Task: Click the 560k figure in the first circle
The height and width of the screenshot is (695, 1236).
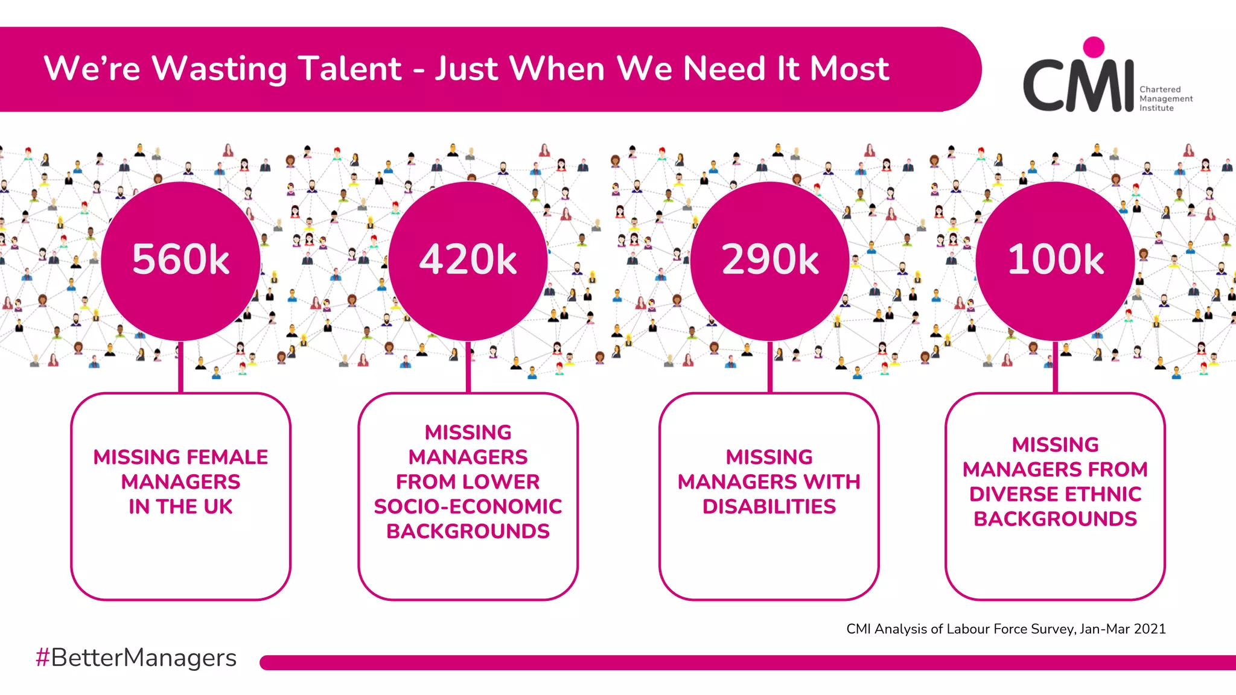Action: [x=180, y=259]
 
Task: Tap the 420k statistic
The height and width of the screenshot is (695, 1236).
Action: [x=468, y=259]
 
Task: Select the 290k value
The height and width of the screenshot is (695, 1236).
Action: [x=770, y=259]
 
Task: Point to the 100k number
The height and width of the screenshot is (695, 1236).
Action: [x=1056, y=259]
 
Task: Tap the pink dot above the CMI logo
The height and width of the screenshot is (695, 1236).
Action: [x=1094, y=47]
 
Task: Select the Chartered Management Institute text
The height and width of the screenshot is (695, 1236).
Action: [x=1165, y=98]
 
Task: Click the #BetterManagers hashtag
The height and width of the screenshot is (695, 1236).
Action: [x=136, y=658]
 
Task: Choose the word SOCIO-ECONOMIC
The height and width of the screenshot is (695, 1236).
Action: [x=468, y=507]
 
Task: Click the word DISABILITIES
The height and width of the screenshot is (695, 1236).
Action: [x=769, y=507]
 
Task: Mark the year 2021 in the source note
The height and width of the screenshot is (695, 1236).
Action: [x=1150, y=629]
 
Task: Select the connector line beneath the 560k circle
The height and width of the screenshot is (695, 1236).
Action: [x=180, y=367]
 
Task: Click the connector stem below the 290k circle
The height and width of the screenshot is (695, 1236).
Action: [x=770, y=367]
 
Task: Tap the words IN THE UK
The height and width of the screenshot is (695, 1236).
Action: [x=180, y=507]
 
